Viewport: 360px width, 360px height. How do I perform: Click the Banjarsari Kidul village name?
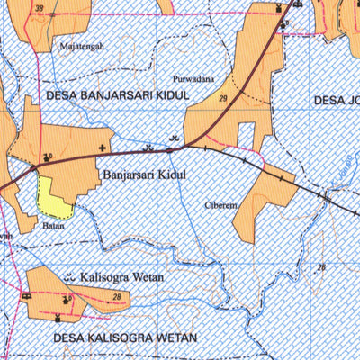pos(143,175)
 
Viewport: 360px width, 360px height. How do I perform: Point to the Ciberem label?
pos(221,204)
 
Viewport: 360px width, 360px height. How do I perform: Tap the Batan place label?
pos(53,226)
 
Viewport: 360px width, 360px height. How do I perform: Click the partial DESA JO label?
pos(337,100)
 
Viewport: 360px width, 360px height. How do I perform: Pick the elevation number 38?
pos(38,9)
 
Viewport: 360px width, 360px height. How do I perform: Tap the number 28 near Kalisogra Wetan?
pos(117,297)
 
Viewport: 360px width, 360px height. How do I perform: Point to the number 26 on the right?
pos(320,268)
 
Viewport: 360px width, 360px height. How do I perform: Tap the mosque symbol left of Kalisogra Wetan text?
pos(69,277)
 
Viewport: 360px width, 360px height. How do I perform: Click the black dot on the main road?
pos(168,151)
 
